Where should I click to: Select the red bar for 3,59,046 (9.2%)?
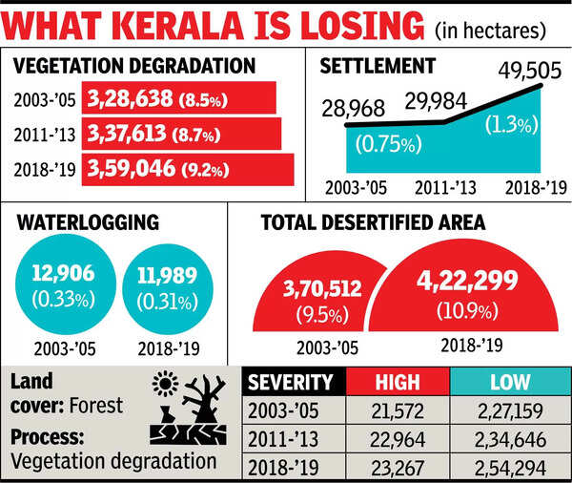pos(189,170)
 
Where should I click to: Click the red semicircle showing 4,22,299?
pos(465,295)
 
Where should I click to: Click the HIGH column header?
pos(397,382)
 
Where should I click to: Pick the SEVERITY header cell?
pos(292,382)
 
